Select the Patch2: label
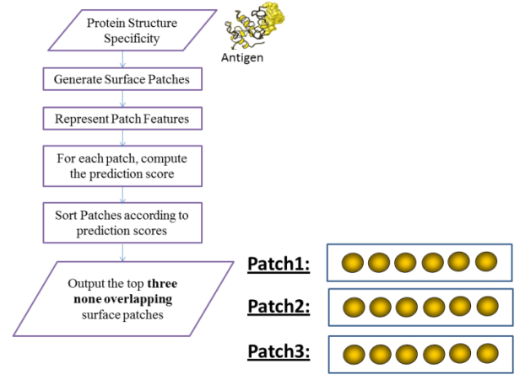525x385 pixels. pyautogui.click(x=279, y=307)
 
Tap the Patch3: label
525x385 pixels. pyautogui.click(x=279, y=351)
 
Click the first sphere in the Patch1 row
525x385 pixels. pyautogui.click(x=353, y=264)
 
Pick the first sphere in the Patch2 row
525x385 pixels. pyautogui.click(x=353, y=307)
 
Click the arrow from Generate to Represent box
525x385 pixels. pyautogui.click(x=123, y=99)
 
